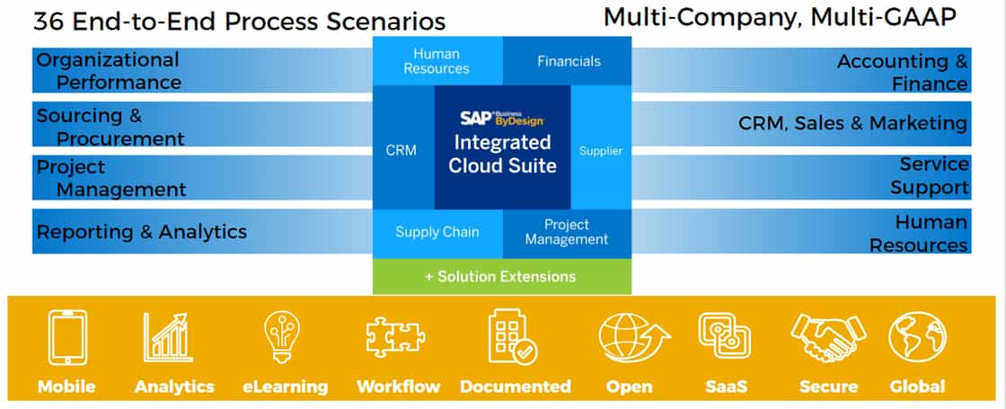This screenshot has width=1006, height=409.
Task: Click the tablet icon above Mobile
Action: [67, 338]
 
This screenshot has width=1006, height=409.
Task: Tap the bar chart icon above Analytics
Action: [166, 337]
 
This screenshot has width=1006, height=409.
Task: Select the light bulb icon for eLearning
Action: [281, 337]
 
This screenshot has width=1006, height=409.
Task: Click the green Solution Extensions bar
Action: [501, 276]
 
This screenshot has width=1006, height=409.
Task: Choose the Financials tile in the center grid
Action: [569, 61]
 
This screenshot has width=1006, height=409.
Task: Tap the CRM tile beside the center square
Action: [402, 150]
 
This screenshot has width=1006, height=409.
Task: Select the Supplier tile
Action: [600, 150]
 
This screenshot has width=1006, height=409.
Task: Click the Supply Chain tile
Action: [437, 232]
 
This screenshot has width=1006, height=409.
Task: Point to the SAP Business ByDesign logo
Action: [502, 118]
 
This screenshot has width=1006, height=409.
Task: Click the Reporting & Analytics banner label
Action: [141, 232]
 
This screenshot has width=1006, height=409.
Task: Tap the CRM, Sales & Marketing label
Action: [852, 123]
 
